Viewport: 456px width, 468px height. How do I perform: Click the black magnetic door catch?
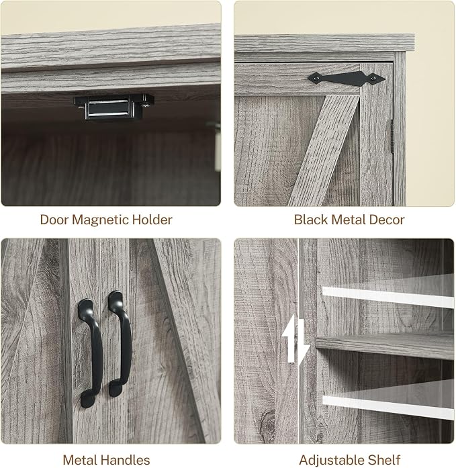coord(114,107)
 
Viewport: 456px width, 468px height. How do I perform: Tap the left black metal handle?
coord(91,353)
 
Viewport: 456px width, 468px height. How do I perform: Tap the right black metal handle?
coord(120,343)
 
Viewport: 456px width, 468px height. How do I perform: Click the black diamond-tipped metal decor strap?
coord(347,79)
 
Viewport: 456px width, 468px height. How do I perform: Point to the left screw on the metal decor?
coord(316,78)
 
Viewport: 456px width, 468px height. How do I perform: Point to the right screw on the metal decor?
coord(373,79)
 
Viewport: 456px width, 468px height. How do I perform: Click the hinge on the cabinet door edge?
coord(392,136)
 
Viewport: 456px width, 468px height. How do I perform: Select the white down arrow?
coord(302,342)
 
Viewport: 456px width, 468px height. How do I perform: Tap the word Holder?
coord(152,220)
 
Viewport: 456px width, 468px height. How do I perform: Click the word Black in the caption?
coord(311,220)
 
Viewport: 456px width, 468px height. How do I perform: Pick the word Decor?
coord(387,220)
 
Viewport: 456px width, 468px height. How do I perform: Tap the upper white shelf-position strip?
coord(388,297)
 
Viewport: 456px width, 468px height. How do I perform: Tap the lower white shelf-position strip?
coord(388,408)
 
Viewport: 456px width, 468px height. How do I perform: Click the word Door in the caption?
coord(54,220)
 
